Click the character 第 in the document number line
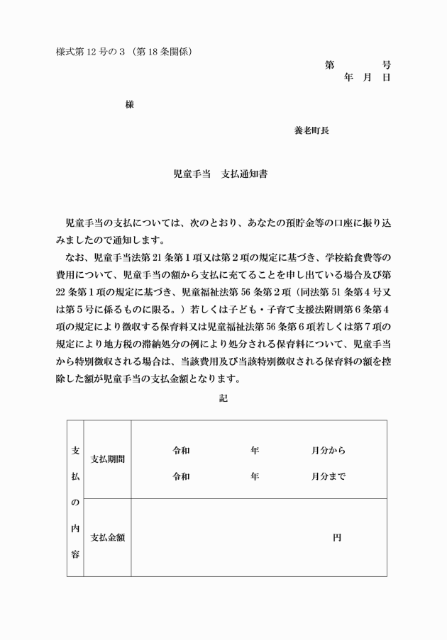coord(330,65)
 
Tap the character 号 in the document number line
coord(386,65)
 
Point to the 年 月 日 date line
coord(367,77)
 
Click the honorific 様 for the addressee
coord(130,104)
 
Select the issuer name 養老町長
coord(311,130)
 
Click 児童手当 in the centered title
coord(192,174)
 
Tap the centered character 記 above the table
coord(223,398)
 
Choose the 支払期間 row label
coord(109,459)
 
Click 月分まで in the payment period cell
coord(328,477)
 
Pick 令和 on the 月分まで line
coord(181,477)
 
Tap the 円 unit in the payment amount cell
coord(337,538)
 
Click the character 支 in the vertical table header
coord(75,451)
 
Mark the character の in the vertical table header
coord(75,503)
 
